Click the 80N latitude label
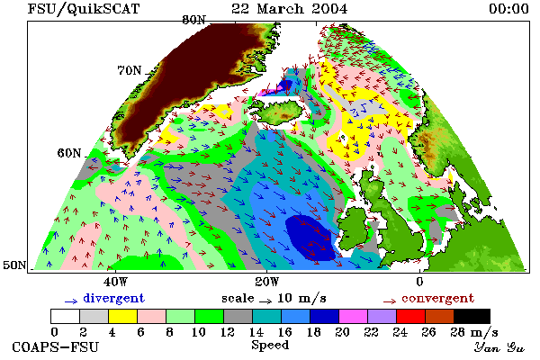[193, 20]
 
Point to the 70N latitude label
[130, 70]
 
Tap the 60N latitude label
[69, 153]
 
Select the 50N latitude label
[14, 265]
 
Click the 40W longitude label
[115, 282]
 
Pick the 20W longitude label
[267, 282]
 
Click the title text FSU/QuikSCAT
[84, 9]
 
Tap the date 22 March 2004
[289, 9]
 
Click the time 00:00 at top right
[508, 9]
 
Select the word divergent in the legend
[113, 298]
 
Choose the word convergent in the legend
[437, 298]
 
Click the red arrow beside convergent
[390, 301]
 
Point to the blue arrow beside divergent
[71, 301]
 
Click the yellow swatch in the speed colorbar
[122, 316]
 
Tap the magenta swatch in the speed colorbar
[353, 316]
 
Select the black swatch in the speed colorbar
[472, 316]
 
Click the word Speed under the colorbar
[270, 346]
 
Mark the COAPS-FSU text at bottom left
[55, 346]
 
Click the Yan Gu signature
[499, 347]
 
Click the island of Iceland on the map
[278, 111]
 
